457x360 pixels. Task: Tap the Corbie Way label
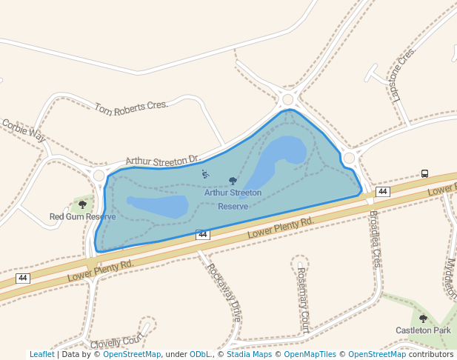pyautogui.click(x=24, y=131)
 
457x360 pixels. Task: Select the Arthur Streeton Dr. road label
pyautogui.click(x=163, y=160)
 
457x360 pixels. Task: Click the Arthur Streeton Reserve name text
pyautogui.click(x=233, y=199)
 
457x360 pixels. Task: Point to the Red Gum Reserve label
pyautogui.click(x=82, y=217)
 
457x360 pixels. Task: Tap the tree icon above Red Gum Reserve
pyautogui.click(x=82, y=204)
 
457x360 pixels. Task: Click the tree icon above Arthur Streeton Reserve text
pyautogui.click(x=233, y=181)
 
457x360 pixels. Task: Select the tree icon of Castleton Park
pyautogui.click(x=423, y=319)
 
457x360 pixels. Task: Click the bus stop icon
pyautogui.click(x=424, y=173)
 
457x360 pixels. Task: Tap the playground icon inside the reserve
pyautogui.click(x=205, y=175)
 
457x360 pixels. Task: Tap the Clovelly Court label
pyautogui.click(x=117, y=341)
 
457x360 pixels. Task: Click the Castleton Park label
pyautogui.click(x=423, y=330)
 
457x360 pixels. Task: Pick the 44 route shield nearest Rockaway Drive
pyautogui.click(x=202, y=235)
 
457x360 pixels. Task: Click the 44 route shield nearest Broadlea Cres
pyautogui.click(x=382, y=192)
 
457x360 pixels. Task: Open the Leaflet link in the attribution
pyautogui.click(x=41, y=355)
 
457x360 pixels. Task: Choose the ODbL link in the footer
pyautogui.click(x=200, y=355)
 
